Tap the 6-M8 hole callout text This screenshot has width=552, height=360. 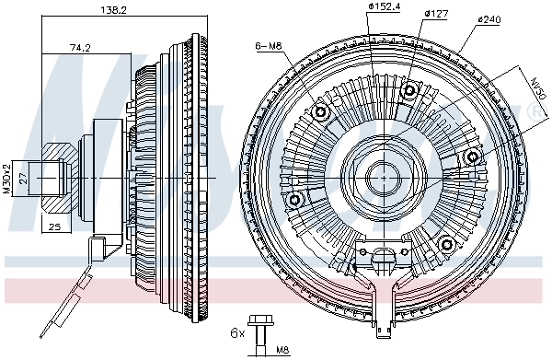click(269, 44)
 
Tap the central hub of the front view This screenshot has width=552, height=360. click(380, 175)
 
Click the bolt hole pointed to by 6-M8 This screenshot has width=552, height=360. click(321, 112)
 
